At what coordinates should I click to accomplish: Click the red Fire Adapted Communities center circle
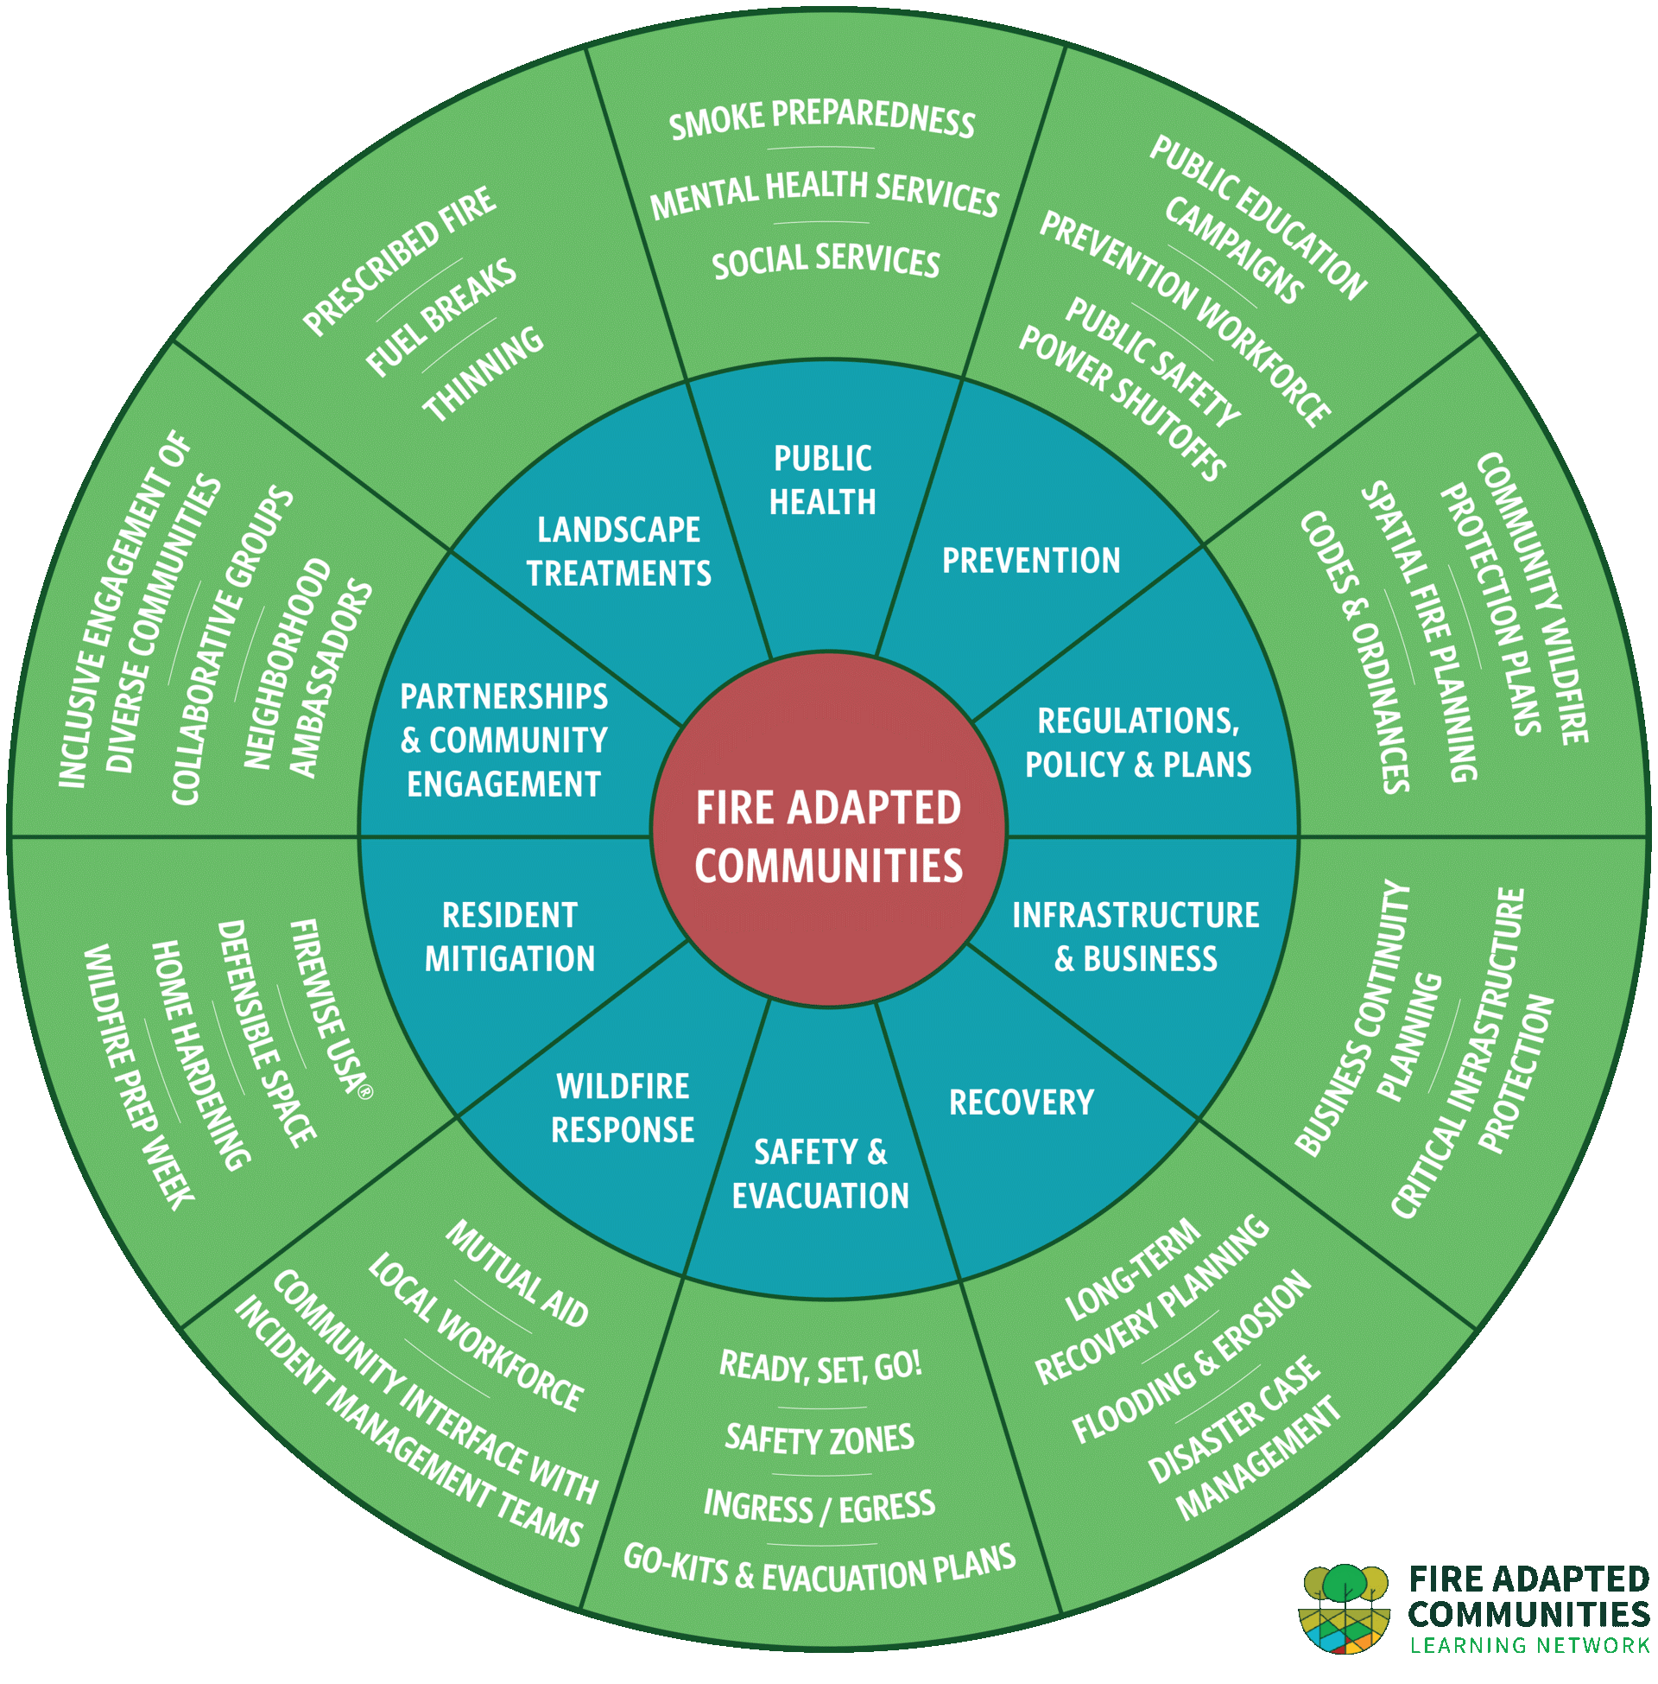[x=828, y=836]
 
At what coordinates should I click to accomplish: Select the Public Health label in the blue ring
[x=822, y=480]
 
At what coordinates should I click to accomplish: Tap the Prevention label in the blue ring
[x=1031, y=561]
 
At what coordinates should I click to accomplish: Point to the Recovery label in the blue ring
[x=1021, y=1103]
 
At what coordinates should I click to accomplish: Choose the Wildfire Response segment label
[x=623, y=1109]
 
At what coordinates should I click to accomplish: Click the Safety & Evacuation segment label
[x=820, y=1173]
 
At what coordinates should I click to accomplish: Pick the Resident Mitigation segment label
[x=509, y=937]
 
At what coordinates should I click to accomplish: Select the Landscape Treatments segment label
[x=618, y=551]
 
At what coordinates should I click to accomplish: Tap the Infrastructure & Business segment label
[x=1136, y=937]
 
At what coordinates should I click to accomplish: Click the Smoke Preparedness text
[x=822, y=119]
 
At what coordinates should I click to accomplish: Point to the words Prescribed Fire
[x=400, y=260]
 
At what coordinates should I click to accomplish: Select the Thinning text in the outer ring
[x=484, y=375]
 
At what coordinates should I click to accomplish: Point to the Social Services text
[x=826, y=261]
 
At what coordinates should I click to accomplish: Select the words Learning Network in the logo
[x=1529, y=1646]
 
